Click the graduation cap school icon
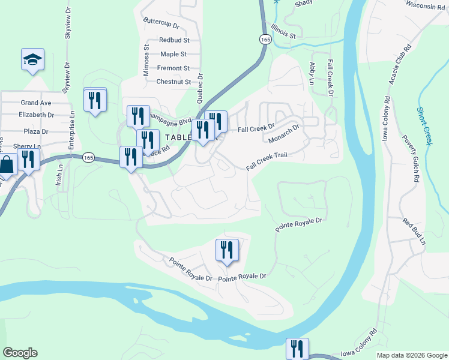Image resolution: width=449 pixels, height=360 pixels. (x=32, y=59)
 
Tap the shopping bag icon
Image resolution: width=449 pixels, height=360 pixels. (x=5, y=163)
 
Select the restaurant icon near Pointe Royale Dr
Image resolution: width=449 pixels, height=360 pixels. (x=227, y=250)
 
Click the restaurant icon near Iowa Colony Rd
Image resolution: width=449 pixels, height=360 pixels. (x=297, y=348)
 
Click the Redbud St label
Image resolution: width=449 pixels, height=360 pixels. (x=174, y=40)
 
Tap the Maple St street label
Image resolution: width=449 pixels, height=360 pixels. (x=175, y=54)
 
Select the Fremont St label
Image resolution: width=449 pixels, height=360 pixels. (x=173, y=68)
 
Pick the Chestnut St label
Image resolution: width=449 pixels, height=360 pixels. (x=173, y=82)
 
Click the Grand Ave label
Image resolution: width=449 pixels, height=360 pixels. (x=36, y=103)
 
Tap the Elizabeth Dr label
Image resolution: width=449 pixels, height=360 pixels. (x=36, y=115)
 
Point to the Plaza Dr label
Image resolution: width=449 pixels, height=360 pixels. (x=36, y=131)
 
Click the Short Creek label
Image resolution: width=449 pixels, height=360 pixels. (x=425, y=126)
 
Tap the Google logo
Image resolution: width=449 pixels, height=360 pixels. (x=20, y=353)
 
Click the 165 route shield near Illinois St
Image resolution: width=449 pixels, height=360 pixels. (x=265, y=38)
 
